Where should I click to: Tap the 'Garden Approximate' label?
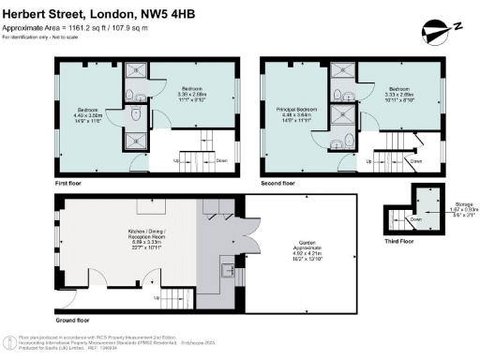coord(301,248)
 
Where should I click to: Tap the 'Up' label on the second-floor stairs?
coord(368,161)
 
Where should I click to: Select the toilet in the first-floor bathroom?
coord(139,113)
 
